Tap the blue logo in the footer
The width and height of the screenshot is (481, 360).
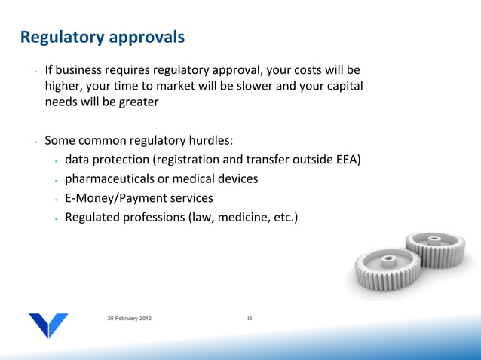(x=49, y=324)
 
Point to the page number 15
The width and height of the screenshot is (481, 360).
(x=250, y=320)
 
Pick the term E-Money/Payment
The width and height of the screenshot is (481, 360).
(x=112, y=199)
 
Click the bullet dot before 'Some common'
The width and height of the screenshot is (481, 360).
(x=35, y=141)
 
